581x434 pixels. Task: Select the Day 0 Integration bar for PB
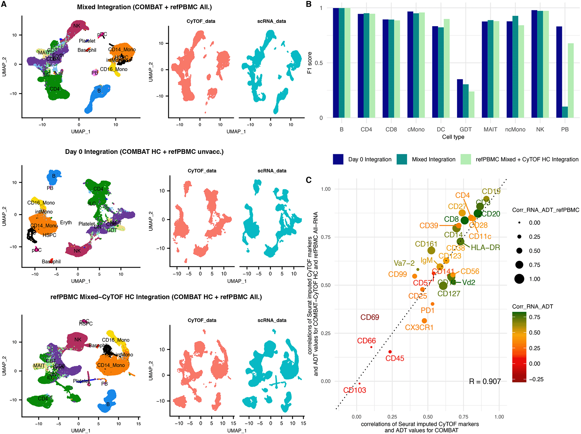click(x=559, y=72)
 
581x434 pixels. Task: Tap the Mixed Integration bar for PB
click(x=565, y=112)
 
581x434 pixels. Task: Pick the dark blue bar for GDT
click(x=460, y=98)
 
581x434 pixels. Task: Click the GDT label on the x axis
click(x=465, y=130)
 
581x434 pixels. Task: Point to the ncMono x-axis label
click(x=515, y=130)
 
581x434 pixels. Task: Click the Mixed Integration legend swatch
click(x=402, y=159)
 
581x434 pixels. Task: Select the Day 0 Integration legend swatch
click(x=338, y=159)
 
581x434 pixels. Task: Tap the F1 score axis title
click(x=309, y=63)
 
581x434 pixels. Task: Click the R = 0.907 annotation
click(x=485, y=382)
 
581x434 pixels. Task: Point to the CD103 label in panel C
click(x=355, y=390)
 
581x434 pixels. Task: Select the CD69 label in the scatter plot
click(x=370, y=317)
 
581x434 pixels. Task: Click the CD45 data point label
click(x=395, y=358)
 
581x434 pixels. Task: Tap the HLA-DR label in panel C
click(x=485, y=248)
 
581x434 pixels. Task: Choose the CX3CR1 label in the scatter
click(x=419, y=328)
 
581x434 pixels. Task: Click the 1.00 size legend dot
click(x=519, y=279)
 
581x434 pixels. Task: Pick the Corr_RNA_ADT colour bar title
click(x=532, y=306)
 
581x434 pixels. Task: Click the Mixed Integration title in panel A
click(x=144, y=7)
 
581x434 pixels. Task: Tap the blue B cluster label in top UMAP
click(x=99, y=91)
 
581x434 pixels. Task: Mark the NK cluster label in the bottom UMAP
click(x=78, y=340)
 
